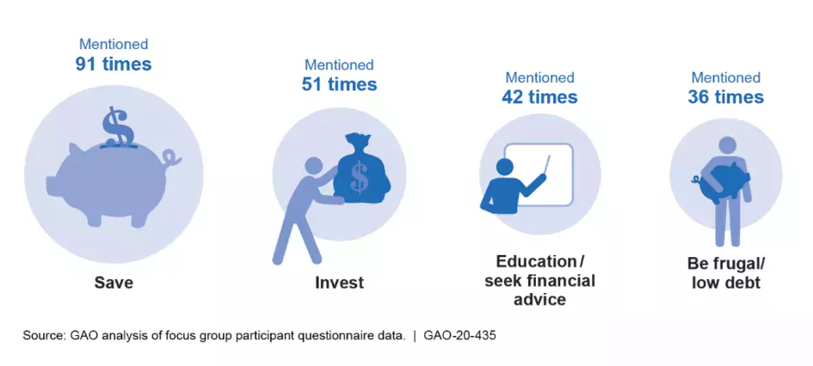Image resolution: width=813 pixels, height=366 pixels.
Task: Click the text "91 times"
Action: (x=114, y=64)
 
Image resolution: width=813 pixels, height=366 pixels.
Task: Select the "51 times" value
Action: (x=339, y=84)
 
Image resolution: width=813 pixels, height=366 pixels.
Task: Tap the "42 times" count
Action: (x=539, y=97)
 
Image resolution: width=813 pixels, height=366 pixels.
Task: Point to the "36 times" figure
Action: (x=725, y=97)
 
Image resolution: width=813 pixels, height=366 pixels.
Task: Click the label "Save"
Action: (x=114, y=282)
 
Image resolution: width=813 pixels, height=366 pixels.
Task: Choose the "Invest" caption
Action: (x=339, y=283)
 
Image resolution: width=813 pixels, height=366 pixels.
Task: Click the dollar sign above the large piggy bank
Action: (x=118, y=126)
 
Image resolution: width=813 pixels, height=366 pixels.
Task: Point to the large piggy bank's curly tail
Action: (x=171, y=157)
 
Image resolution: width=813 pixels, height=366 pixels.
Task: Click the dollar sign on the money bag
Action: (x=359, y=176)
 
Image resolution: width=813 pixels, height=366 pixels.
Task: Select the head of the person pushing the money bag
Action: (x=314, y=166)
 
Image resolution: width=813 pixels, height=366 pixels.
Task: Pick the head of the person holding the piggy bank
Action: (x=727, y=145)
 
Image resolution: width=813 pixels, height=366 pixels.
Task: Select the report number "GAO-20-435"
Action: (x=459, y=335)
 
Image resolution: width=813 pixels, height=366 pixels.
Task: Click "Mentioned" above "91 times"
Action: (x=114, y=45)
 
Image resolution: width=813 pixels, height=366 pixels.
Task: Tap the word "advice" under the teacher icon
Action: (x=539, y=299)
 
